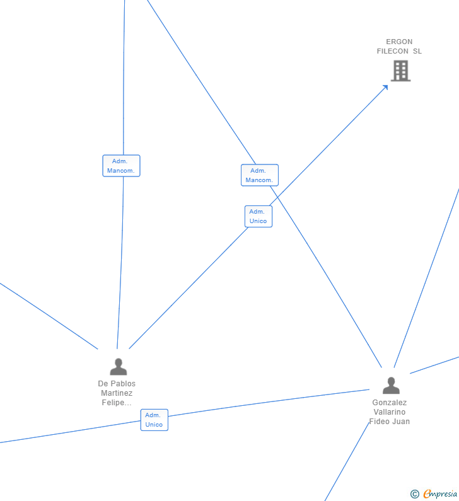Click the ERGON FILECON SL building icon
click(x=400, y=71)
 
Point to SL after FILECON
click(x=417, y=51)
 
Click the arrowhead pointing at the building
click(x=385, y=88)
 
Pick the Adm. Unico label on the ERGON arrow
click(x=258, y=216)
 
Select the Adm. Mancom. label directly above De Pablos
click(x=121, y=166)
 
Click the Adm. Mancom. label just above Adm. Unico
click(x=259, y=175)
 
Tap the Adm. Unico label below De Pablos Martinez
click(x=154, y=420)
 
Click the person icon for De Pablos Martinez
click(x=118, y=366)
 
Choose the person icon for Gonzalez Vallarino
click(x=391, y=385)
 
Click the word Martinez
click(x=117, y=393)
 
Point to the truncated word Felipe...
click(x=117, y=403)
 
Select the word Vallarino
click(x=390, y=412)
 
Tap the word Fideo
click(x=380, y=422)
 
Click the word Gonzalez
click(x=390, y=403)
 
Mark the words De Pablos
click(x=117, y=384)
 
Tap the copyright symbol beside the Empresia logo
click(x=414, y=495)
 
